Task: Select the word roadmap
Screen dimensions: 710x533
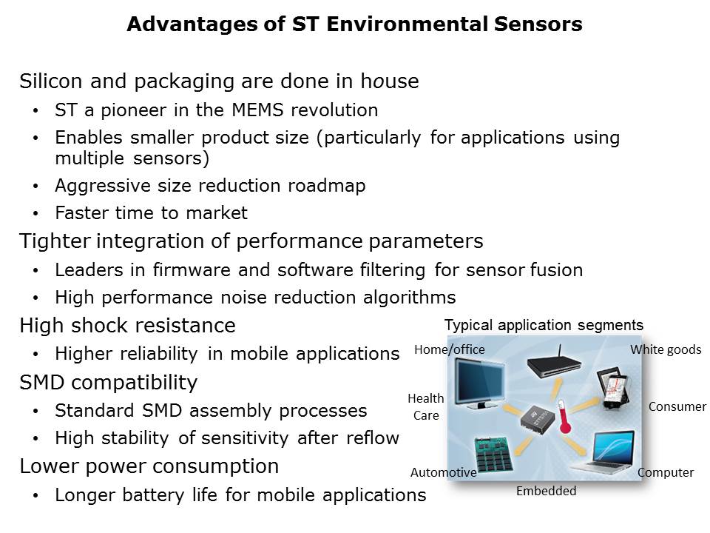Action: (326, 186)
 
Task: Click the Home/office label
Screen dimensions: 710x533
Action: (449, 349)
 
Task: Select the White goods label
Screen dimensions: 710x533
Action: (666, 349)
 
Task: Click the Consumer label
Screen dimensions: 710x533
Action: (677, 406)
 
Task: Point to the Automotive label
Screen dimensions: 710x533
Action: (443, 472)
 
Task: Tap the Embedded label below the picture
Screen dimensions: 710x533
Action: (546, 490)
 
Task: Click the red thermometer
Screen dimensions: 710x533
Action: (563, 416)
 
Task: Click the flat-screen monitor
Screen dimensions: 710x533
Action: (479, 383)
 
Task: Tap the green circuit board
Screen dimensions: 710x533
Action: (493, 455)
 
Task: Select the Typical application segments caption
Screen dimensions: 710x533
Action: (544, 325)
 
